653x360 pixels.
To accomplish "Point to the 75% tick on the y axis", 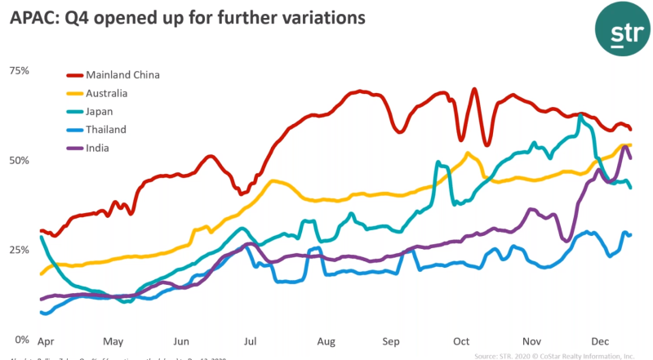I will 19,71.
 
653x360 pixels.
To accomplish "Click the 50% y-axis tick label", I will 19,160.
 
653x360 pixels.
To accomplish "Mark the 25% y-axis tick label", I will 19,249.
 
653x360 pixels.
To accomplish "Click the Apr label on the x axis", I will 47,343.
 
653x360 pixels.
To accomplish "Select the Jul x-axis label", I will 251,343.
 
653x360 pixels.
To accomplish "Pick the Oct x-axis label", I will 461,343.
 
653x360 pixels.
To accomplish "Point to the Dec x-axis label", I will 600,343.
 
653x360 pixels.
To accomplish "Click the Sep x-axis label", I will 392,343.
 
